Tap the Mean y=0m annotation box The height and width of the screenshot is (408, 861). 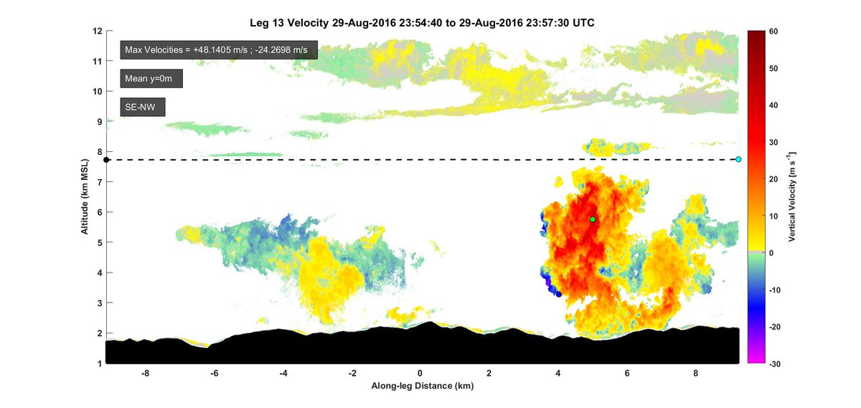coord(151,78)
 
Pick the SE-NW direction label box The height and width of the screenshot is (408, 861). coord(143,108)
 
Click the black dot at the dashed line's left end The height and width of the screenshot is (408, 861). coord(106,160)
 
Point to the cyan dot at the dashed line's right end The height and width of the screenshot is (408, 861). coord(738,159)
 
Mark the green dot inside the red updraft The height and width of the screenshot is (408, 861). coord(593,219)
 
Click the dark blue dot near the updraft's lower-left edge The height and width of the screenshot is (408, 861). coord(559,294)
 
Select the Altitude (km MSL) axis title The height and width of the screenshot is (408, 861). coord(85,197)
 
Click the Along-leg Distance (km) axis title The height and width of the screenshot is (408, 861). coord(422,386)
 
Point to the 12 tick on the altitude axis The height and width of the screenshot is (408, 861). coord(98,32)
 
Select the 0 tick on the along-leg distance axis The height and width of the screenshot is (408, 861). coord(421,374)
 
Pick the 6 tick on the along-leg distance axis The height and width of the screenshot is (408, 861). coord(627,374)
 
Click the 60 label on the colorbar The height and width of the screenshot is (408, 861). coord(774,32)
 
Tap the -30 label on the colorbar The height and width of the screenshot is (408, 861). coord(776,364)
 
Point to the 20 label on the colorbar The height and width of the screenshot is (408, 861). coord(774,179)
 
